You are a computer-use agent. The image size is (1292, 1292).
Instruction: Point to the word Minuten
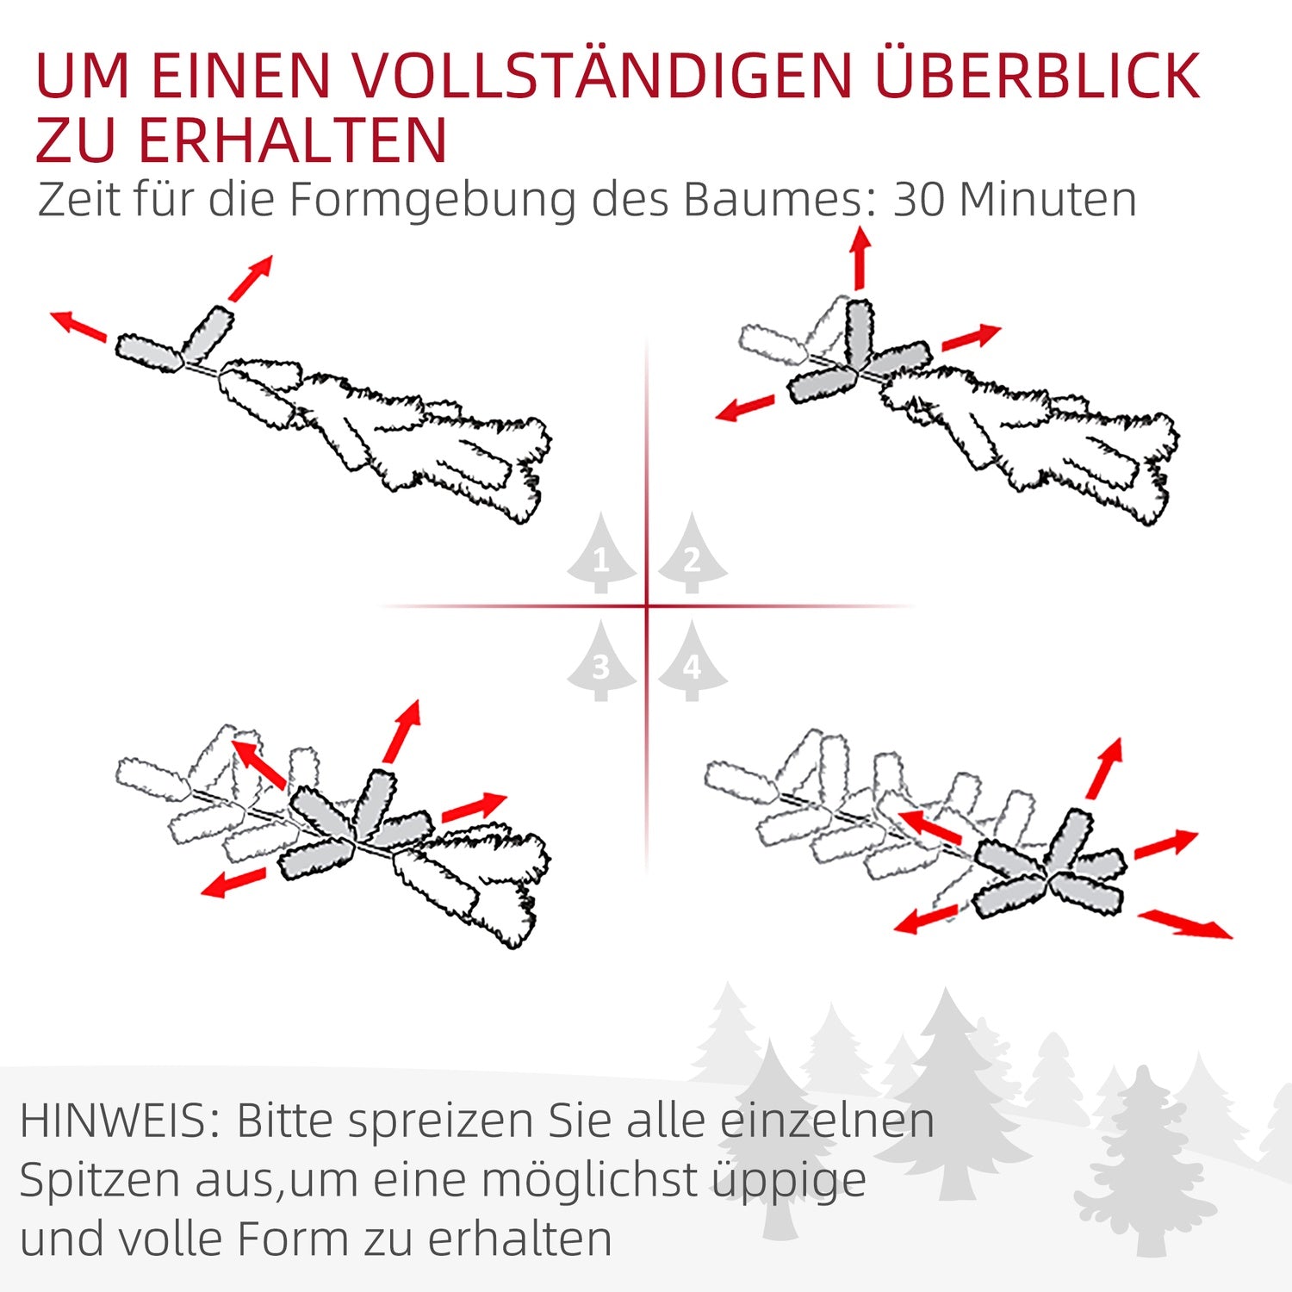point(1048,199)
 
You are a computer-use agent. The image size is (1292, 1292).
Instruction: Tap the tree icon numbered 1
point(602,553)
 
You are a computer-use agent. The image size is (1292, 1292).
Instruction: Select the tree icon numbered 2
point(693,553)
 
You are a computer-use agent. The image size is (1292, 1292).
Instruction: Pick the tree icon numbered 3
point(602,661)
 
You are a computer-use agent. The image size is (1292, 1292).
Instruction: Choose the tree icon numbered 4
point(693,661)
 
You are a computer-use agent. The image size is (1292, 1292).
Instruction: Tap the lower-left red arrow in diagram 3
point(233,882)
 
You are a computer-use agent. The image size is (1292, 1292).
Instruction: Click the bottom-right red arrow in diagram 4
point(1185,923)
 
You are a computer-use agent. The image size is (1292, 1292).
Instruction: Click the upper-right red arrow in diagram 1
point(251,277)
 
